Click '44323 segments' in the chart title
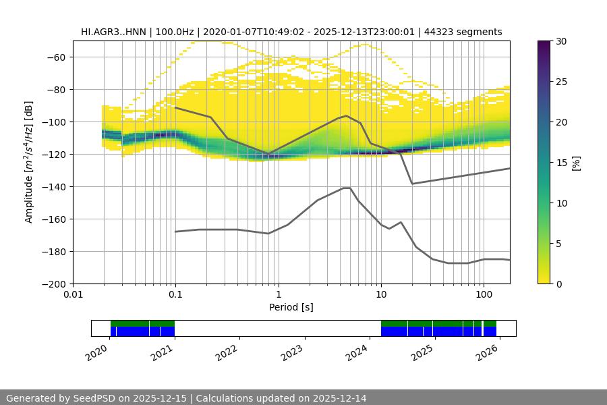(x=467, y=32)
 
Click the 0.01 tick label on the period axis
(x=73, y=295)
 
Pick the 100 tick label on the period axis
(x=483, y=295)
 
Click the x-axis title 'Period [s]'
(x=291, y=307)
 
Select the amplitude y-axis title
(x=29, y=162)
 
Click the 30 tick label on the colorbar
(x=560, y=41)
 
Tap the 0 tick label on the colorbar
(x=557, y=284)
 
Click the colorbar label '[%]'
(x=575, y=162)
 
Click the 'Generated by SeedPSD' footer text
(x=64, y=398)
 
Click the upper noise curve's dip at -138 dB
(x=412, y=184)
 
